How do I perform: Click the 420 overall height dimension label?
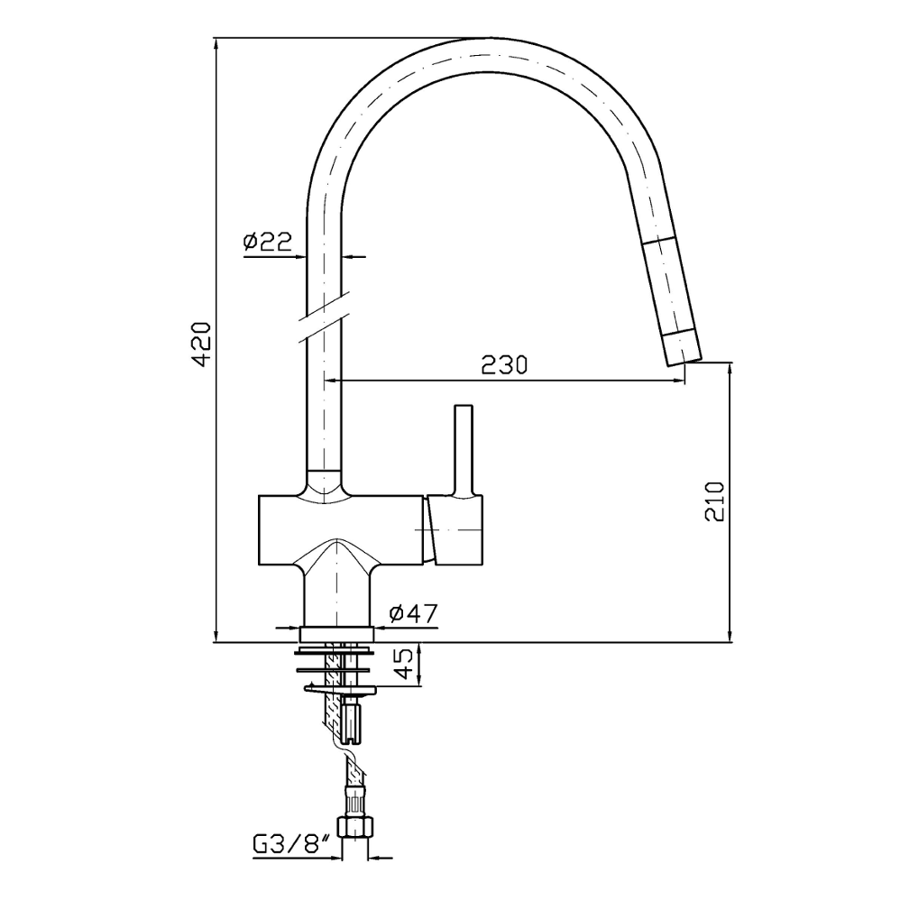click(x=202, y=344)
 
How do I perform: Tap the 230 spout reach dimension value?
click(x=504, y=365)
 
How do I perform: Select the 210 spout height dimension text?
click(x=714, y=501)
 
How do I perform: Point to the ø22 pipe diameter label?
click(x=268, y=241)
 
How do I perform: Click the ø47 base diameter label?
click(x=413, y=613)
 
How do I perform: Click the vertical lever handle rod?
click(x=464, y=450)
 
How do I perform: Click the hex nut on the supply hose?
click(x=354, y=827)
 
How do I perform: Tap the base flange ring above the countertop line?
click(x=337, y=634)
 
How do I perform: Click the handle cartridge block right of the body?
click(x=454, y=529)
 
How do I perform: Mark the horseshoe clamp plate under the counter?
click(x=339, y=689)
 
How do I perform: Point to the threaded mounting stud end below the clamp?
click(x=352, y=720)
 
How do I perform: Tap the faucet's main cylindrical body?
click(x=341, y=529)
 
